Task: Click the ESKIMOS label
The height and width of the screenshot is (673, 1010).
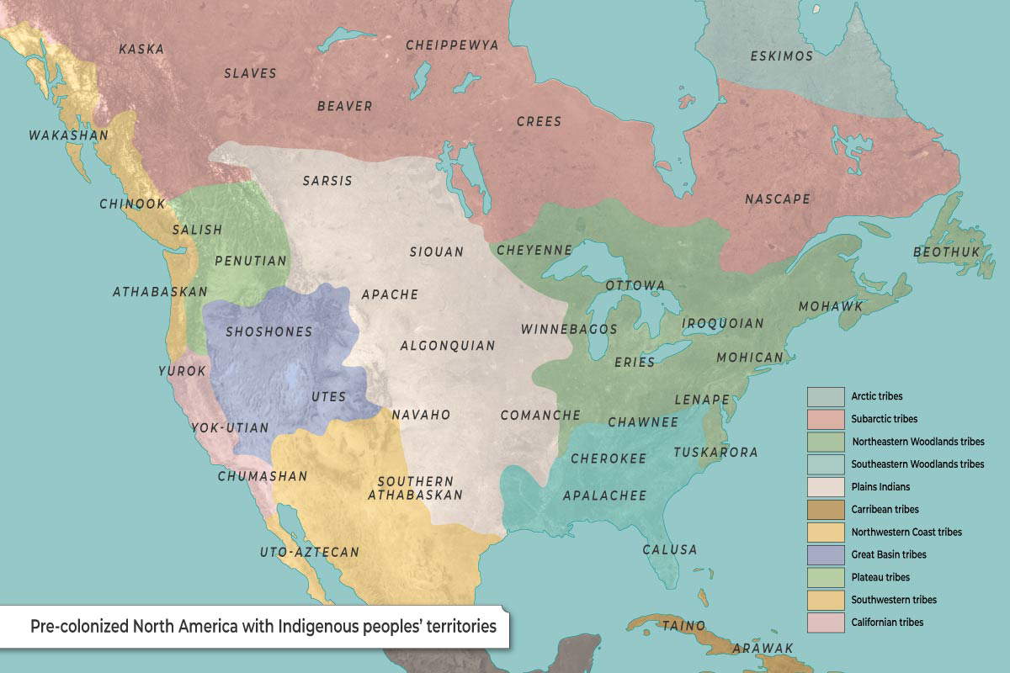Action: click(x=781, y=56)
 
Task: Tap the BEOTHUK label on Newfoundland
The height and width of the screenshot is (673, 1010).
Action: click(x=947, y=252)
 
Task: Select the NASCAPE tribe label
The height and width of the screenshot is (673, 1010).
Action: click(x=777, y=199)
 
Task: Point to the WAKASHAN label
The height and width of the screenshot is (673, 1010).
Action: click(x=56, y=135)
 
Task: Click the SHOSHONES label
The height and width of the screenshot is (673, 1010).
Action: click(x=268, y=331)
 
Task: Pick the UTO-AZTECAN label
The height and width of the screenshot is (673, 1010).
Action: click(x=309, y=553)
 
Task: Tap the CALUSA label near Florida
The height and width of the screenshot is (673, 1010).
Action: click(x=670, y=549)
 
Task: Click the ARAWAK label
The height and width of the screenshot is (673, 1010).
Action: click(x=763, y=648)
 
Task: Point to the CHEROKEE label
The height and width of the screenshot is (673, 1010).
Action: click(x=609, y=458)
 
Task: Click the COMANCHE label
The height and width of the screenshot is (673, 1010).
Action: click(x=540, y=415)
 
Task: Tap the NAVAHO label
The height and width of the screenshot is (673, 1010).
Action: click(x=422, y=415)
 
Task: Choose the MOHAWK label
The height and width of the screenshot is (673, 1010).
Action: click(x=831, y=306)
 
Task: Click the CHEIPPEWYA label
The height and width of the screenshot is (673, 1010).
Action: click(x=452, y=45)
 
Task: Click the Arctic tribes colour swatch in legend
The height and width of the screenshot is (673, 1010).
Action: click(x=825, y=396)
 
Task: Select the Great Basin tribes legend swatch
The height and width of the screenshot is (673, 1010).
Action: click(x=825, y=554)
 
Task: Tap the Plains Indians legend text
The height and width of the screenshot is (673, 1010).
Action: click(x=880, y=487)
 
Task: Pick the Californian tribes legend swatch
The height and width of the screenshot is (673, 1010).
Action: click(x=825, y=623)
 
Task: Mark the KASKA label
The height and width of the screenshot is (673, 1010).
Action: click(x=141, y=49)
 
